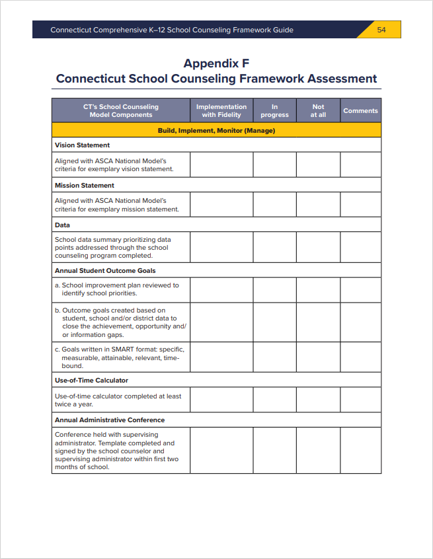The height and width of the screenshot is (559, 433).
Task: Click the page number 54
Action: point(381,30)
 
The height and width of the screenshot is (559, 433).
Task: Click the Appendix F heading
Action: point(216,63)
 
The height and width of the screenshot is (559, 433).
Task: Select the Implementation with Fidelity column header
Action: point(221,110)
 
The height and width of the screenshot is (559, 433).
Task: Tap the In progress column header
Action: point(274,110)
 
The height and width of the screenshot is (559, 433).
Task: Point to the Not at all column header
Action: point(318,110)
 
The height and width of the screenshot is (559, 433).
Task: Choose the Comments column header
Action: point(360,110)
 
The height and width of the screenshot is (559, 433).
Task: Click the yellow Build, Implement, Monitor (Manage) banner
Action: point(216,130)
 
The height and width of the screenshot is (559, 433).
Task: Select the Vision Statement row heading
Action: point(83,145)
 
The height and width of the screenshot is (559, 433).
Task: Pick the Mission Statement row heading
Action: point(85,185)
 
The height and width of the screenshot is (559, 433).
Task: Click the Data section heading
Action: point(63,225)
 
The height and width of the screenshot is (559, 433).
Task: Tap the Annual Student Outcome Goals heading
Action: point(105,270)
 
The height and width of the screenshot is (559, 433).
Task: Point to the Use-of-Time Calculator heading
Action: point(92,380)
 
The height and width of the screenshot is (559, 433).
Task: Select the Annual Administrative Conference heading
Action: point(110,420)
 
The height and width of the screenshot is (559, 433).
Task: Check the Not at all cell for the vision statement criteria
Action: point(318,165)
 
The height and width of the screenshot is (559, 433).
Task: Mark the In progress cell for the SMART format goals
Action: point(274,357)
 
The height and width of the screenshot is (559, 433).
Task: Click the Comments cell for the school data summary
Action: point(360,247)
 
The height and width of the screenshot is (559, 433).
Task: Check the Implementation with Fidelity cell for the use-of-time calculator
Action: point(221,400)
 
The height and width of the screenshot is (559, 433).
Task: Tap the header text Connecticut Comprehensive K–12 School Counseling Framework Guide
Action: point(172,30)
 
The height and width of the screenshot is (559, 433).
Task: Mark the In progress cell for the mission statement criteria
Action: point(274,205)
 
